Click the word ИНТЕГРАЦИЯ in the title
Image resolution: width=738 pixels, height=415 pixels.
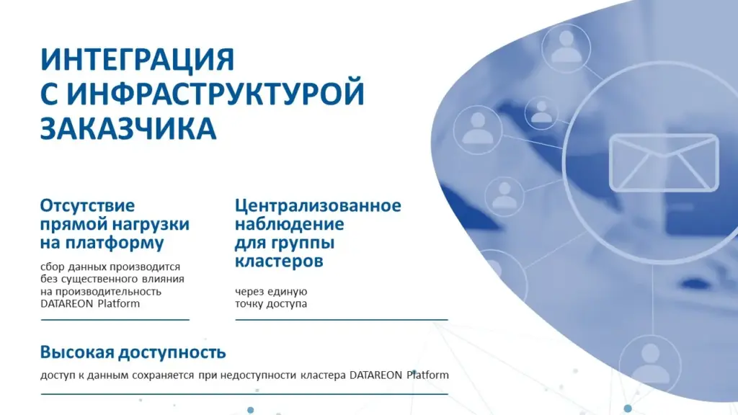point(138,60)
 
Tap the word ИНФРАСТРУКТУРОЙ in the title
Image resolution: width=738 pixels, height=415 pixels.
point(215,93)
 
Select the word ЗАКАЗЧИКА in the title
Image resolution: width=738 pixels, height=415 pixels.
point(128,128)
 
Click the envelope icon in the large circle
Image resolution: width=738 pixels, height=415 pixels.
point(664,163)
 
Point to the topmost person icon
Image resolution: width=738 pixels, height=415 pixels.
point(566,48)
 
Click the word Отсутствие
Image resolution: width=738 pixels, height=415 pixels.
point(87,206)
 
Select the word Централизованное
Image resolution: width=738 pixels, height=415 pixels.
point(318,205)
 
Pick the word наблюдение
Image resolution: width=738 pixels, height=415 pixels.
point(290,224)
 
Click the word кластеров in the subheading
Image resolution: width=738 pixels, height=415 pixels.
point(279,261)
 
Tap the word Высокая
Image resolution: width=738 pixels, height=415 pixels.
point(76,352)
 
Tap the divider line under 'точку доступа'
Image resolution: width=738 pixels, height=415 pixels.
point(342,320)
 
